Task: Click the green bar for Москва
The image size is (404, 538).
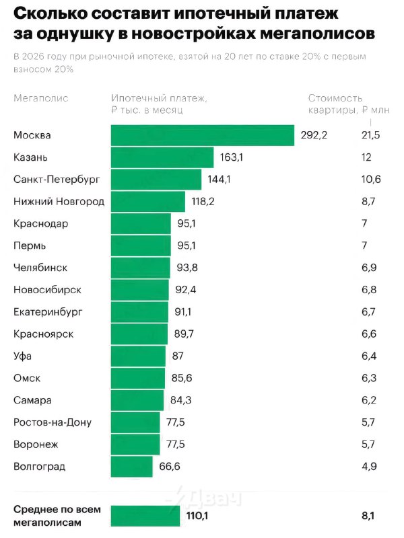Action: pyautogui.click(x=202, y=135)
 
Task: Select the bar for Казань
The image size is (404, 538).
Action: pyautogui.click(x=163, y=157)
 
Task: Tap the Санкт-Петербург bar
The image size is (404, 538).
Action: pyautogui.click(x=156, y=180)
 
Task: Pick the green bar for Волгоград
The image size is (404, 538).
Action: pyautogui.click(x=131, y=467)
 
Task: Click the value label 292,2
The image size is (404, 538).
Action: pyautogui.click(x=313, y=135)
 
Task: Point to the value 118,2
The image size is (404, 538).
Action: pyautogui.click(x=203, y=202)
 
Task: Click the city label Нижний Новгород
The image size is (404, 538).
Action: pyautogui.click(x=59, y=202)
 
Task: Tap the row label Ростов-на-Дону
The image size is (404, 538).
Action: pyautogui.click(x=52, y=422)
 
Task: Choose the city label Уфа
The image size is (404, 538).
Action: pyautogui.click(x=22, y=356)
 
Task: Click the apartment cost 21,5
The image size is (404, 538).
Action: pyautogui.click(x=371, y=135)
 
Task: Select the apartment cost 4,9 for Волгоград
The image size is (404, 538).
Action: pyautogui.click(x=369, y=467)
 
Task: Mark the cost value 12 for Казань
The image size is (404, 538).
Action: pyautogui.click(x=367, y=157)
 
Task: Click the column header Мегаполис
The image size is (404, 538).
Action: pyautogui.click(x=40, y=98)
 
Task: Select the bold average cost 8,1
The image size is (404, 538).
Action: pyautogui.click(x=368, y=516)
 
